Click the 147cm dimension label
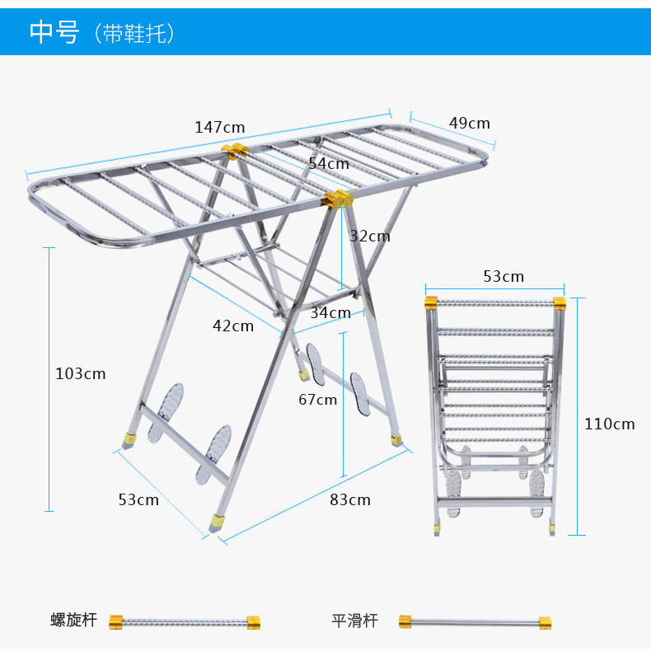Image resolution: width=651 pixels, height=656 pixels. pos(220,127)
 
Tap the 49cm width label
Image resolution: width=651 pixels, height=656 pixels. pos(470,123)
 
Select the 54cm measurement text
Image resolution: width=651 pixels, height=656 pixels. pos(329,163)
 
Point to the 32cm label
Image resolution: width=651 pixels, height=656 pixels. pos(370,236)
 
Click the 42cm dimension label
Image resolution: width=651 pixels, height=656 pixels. pos(233,326)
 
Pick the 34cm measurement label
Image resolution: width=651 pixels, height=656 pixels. pos(330,312)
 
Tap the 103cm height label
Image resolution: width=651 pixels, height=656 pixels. pos(81,373)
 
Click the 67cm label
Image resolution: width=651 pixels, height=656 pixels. pos(318,400)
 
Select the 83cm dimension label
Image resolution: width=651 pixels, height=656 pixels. pos(350,499)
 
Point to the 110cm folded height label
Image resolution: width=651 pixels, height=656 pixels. pos(610,424)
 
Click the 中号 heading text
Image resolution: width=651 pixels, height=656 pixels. pos(54,32)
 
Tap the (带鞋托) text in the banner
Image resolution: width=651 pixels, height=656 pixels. pos(135,33)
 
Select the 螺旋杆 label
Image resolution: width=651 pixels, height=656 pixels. pos(73,620)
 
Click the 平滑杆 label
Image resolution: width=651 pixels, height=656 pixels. pos(355,620)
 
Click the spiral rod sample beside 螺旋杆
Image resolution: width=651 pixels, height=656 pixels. pos(185,621)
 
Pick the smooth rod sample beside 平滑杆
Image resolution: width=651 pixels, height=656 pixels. pos(475,621)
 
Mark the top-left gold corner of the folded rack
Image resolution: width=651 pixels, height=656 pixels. pos(431,303)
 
